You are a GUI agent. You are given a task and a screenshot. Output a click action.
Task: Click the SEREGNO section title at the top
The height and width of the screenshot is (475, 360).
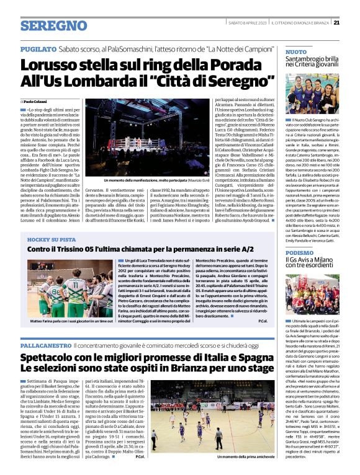(x=53, y=25)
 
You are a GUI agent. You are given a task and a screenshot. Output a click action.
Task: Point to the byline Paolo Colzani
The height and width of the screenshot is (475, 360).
(x=37, y=100)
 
